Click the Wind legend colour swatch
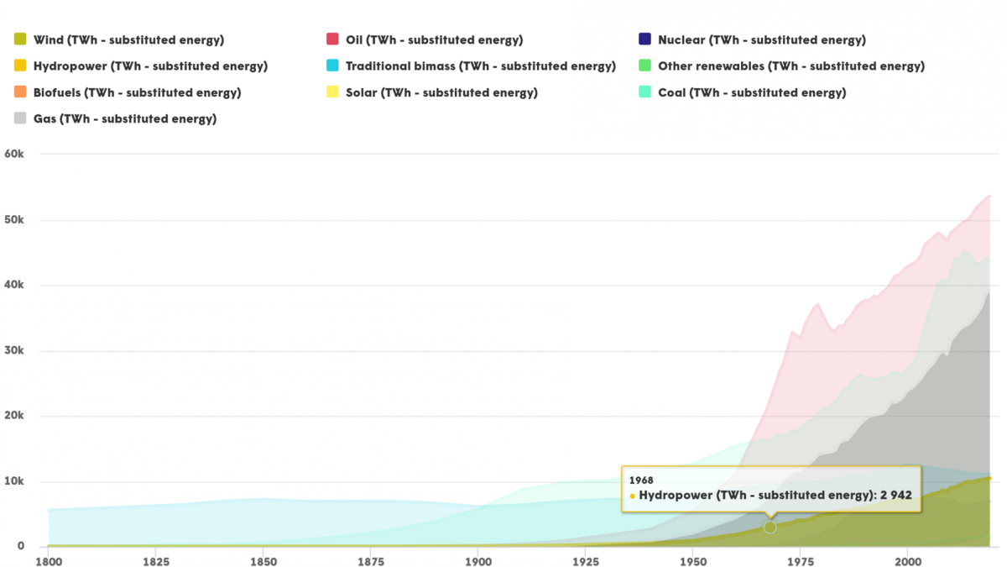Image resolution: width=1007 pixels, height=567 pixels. pos(19,39)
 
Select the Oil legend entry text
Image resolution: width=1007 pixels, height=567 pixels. pos(434,39)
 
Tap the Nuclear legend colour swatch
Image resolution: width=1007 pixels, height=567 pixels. pos(644,39)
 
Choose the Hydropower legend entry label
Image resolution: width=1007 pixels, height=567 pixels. pos(150,66)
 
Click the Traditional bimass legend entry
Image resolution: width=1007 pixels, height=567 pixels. pos(480,66)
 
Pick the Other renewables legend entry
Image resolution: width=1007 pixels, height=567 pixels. pos(790,66)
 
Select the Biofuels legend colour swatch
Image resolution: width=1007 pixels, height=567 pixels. pos(19,92)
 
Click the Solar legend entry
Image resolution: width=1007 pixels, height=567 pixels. pos(441,92)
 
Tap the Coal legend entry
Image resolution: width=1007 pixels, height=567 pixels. pos(752,92)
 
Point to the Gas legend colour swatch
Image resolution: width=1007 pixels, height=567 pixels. pos(19,118)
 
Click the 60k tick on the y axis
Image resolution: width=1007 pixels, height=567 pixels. pos(17,155)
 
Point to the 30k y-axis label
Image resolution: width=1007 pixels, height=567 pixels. pos(17,351)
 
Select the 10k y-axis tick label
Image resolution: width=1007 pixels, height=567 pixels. pos(17,482)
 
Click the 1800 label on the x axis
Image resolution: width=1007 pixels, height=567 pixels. pos(49,559)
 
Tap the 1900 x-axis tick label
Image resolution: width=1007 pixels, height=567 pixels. pos(477,559)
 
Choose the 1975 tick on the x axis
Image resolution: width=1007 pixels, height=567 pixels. pos(799,559)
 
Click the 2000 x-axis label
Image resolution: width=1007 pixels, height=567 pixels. pos(906,559)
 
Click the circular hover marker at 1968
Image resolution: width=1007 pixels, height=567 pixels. pos(770,528)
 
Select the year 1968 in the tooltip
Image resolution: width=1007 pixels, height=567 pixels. pos(641,480)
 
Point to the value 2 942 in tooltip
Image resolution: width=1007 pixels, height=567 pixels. pos(895,496)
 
